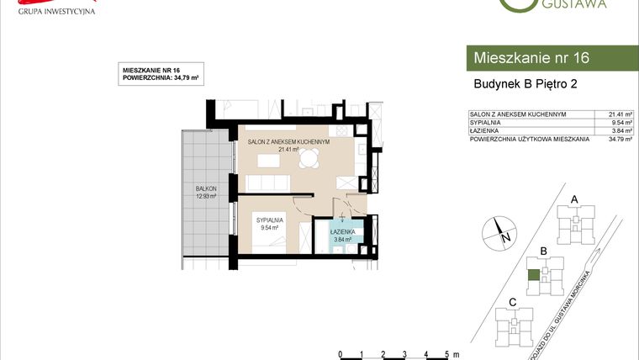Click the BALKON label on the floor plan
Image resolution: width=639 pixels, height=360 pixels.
(206, 188)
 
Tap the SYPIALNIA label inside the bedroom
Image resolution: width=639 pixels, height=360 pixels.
(270, 219)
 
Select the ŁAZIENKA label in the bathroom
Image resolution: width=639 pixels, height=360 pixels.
(341, 230)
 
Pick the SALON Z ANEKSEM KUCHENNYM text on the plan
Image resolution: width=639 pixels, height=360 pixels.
(288, 142)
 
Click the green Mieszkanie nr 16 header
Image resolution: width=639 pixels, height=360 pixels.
(551, 58)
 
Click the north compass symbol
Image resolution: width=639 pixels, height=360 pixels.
(499, 230)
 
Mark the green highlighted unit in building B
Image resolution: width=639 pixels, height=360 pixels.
(533, 274)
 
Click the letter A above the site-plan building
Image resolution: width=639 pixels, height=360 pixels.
(575, 199)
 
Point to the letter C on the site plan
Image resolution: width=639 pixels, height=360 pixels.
(512, 302)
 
